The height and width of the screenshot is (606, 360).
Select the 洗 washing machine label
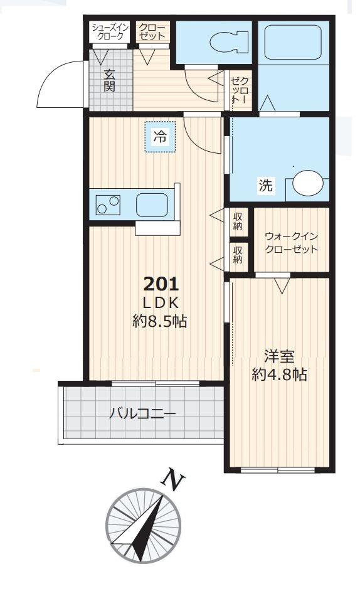tap(266, 186)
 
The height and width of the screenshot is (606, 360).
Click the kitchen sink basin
tap(152, 204)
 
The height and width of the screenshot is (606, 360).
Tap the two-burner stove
tap(108, 205)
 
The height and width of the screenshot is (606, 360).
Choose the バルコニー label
tap(142, 414)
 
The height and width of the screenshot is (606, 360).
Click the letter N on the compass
tap(174, 480)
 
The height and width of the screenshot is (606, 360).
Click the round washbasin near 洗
tap(309, 183)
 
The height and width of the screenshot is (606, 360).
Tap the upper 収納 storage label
tap(238, 221)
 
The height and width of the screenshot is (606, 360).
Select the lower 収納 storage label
tap(238, 255)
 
